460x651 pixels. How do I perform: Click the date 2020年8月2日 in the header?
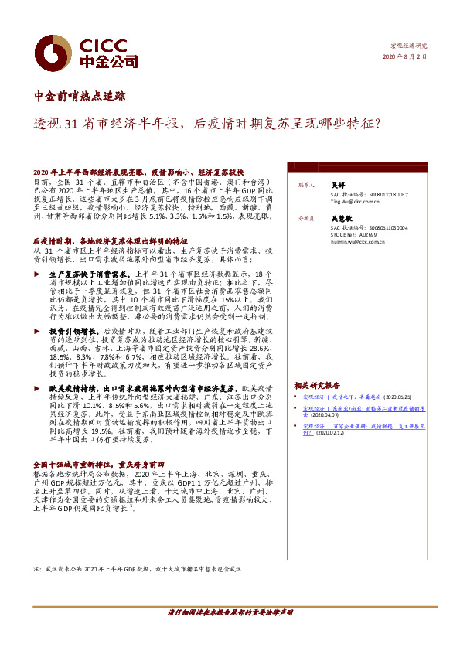tap(405, 57)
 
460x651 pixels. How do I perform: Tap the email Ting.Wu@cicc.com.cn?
tap(358, 201)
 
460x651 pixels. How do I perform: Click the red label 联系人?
tap(304, 186)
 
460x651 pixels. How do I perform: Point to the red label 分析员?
tap(304, 219)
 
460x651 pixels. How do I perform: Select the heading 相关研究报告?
tap(316, 385)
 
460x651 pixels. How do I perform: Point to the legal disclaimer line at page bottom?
tap(230, 612)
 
